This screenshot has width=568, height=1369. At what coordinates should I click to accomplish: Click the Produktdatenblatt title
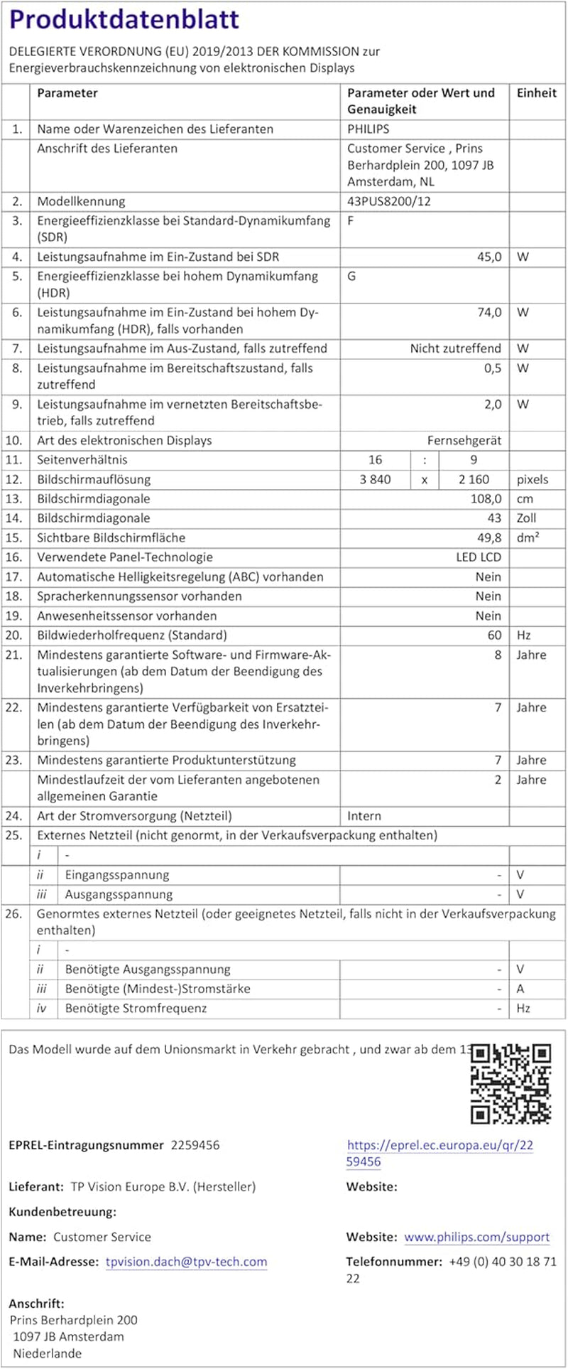coord(124,19)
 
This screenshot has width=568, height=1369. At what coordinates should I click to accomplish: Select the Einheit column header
coord(536,93)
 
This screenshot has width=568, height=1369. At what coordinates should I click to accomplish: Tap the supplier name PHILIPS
coord(368,129)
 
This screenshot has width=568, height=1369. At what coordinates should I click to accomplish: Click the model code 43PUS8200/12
coord(388,201)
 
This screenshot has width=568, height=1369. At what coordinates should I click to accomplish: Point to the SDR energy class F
coord(351,220)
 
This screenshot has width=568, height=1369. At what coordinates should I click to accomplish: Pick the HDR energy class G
coord(351,276)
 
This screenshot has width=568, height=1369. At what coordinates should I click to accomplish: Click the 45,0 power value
coord(488,257)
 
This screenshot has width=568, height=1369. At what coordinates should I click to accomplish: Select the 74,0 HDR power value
coord(488,312)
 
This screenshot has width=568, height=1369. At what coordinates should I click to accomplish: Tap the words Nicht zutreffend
coord(455,348)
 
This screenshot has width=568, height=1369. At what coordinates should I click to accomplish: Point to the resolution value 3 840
coord(375,479)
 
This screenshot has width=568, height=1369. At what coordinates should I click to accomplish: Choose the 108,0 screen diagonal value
coord(486,499)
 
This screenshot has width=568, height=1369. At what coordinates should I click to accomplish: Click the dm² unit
coord(528,538)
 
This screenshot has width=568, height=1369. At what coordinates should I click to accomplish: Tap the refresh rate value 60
coord(494,635)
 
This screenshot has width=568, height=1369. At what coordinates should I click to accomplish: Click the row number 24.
coord(14,816)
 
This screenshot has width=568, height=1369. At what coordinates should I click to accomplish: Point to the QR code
coord(511,1083)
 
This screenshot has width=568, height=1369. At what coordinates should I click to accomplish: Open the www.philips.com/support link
coord(476,1237)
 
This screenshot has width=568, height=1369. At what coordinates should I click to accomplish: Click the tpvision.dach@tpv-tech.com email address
coord(186,1262)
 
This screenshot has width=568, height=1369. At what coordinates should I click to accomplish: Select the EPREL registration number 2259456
coord(195,1145)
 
